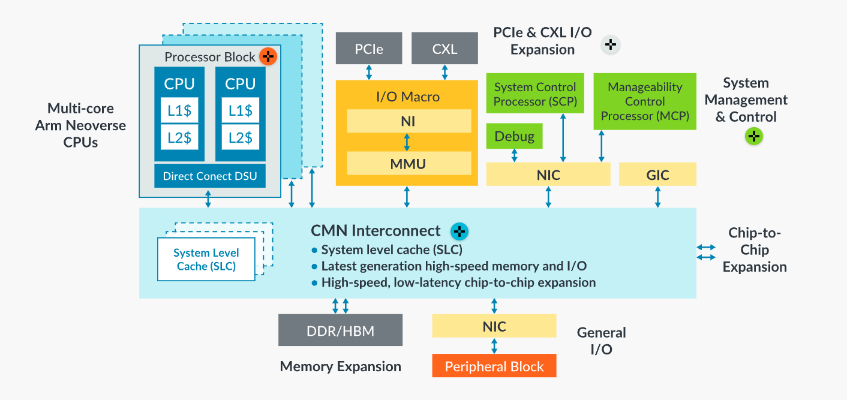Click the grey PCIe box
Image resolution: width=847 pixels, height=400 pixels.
(369, 48)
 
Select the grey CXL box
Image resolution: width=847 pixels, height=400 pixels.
(444, 48)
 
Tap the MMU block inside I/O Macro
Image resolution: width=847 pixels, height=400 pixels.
(409, 163)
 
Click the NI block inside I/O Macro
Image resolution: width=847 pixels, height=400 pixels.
(409, 121)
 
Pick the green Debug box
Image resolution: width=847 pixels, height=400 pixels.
(514, 136)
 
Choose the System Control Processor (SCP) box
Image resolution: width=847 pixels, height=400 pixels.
(535, 94)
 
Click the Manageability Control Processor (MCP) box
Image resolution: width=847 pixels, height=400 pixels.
(645, 101)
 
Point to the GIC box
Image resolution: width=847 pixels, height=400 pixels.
(657, 174)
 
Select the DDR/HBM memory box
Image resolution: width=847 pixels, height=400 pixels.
(340, 330)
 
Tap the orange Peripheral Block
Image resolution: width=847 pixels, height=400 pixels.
(494, 366)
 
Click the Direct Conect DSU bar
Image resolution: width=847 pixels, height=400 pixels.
(210, 176)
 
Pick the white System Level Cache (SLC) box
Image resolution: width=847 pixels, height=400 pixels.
(206, 259)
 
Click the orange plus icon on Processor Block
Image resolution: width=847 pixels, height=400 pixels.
(268, 57)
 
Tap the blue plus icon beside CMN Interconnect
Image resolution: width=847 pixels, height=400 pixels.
(459, 231)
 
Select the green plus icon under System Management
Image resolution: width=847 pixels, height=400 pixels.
(754, 137)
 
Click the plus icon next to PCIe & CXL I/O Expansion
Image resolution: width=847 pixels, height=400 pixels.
(610, 44)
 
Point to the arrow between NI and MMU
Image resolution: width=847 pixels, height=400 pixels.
(407, 142)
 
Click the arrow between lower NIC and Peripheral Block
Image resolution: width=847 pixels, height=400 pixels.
(494, 345)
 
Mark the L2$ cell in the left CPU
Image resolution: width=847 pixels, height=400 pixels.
(179, 137)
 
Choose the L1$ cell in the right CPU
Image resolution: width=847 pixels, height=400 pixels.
(241, 110)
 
